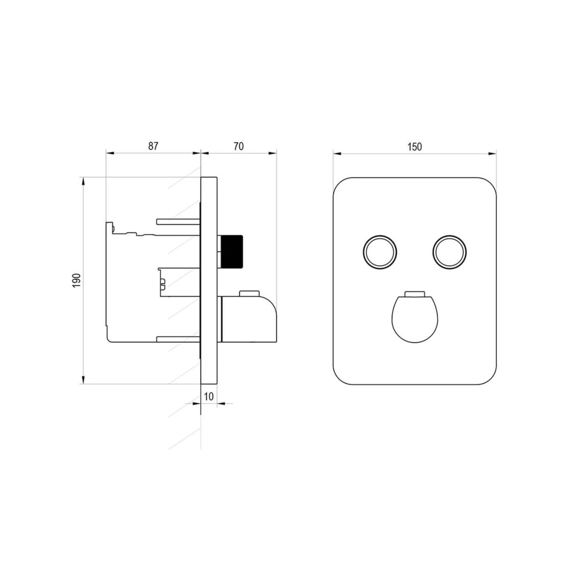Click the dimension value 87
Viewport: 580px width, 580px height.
pyautogui.click(x=153, y=146)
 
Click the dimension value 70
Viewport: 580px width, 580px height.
pyautogui.click(x=238, y=146)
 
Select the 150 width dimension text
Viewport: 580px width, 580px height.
pyautogui.click(x=414, y=147)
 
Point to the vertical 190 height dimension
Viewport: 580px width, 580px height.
pyautogui.click(x=76, y=280)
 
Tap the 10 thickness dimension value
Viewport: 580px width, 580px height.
pyautogui.click(x=209, y=397)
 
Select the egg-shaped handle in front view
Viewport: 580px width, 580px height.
pyautogui.click(x=415, y=319)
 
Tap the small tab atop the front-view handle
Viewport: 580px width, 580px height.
pyautogui.click(x=415, y=294)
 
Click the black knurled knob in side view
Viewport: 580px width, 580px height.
pyautogui.click(x=232, y=251)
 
